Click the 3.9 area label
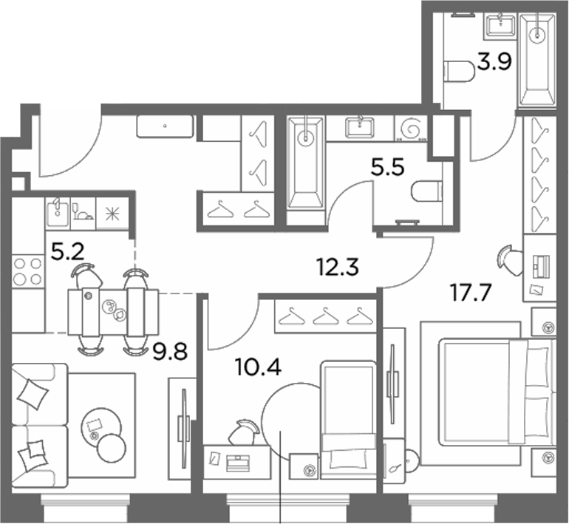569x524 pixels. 494,62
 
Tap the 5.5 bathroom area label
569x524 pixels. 387,168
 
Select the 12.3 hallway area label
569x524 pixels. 338,267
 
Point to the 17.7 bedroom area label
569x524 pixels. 471,293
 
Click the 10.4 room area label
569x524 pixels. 258,367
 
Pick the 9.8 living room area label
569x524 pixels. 170,352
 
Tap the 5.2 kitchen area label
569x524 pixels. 68,252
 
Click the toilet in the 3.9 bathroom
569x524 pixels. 459,71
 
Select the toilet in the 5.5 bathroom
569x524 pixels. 427,191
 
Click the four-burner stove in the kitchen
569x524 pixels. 27,271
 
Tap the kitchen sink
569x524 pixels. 58,214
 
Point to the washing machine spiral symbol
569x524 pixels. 411,128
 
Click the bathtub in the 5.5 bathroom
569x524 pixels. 305,163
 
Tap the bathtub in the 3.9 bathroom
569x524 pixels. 537,61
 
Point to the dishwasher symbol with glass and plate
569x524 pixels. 84,214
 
